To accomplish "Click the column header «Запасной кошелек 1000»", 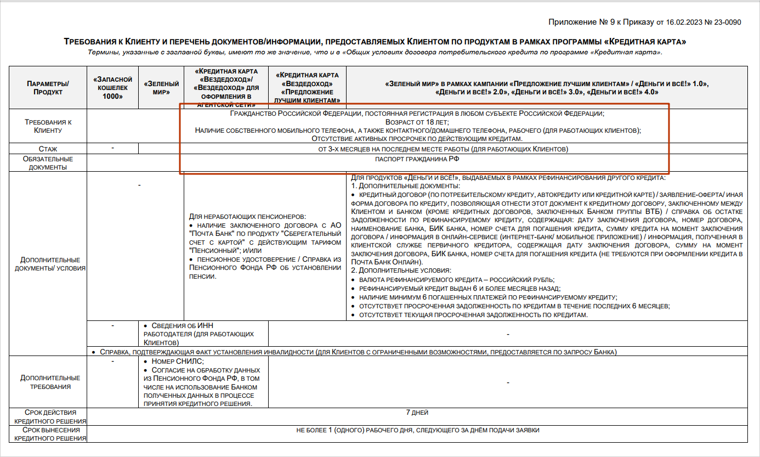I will tap(112, 88).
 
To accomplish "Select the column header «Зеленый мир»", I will tap(162, 88).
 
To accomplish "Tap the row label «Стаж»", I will tap(48, 149).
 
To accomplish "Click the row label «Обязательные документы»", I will tap(48, 163).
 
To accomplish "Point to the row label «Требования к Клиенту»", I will tap(48, 126).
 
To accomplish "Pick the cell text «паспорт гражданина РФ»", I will tap(417, 159).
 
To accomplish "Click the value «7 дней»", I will tap(417, 413).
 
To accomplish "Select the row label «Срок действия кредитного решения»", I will tap(48, 416).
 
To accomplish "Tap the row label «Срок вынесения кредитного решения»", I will tap(48, 434).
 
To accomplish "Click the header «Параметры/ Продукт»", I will tap(48, 88).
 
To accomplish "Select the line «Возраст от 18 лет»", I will tap(417, 122).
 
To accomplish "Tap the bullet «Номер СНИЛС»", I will tap(173, 361).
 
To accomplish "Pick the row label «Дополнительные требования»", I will tap(48, 382).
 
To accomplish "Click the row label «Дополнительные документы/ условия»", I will tap(48, 264).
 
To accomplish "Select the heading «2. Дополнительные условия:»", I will tap(401, 271).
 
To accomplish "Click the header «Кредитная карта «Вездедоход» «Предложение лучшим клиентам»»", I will tap(307, 88).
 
